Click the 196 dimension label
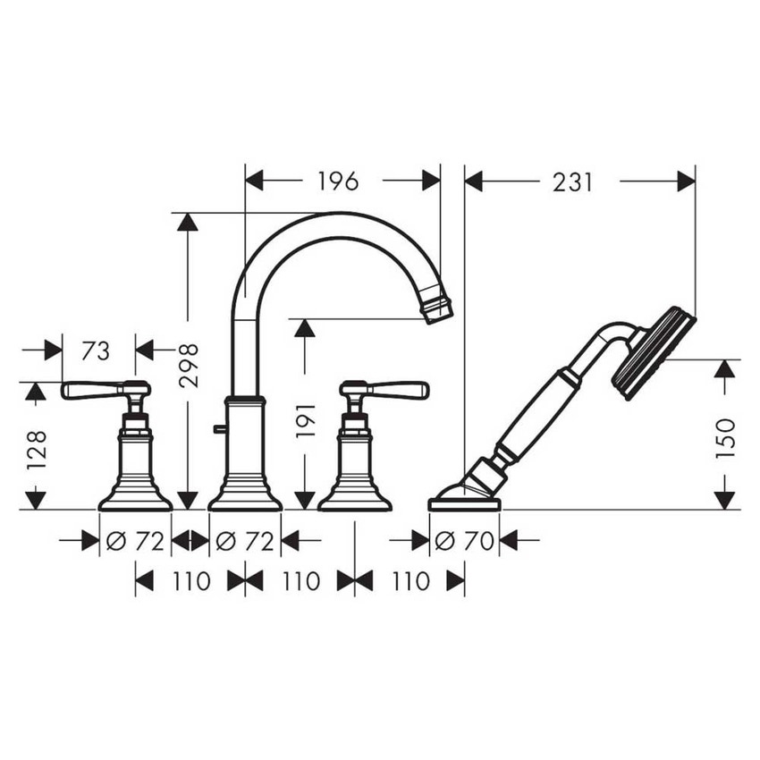coord(338,182)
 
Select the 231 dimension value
coord(572,182)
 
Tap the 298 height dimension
coord(188,365)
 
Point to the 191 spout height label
coord(306,419)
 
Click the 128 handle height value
coord(37,449)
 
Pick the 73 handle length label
coord(96,350)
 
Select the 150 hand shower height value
coord(725,438)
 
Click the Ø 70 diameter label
coord(464,540)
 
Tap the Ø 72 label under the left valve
coord(135,540)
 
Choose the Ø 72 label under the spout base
coord(245,540)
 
